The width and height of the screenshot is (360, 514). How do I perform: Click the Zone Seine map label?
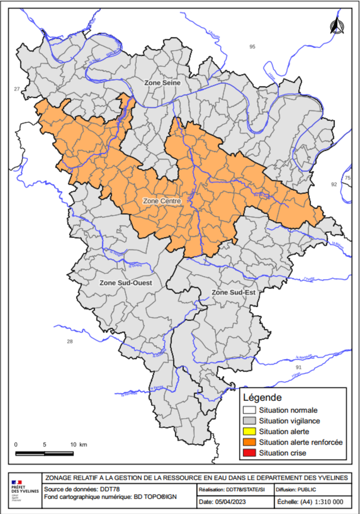tap(162, 83)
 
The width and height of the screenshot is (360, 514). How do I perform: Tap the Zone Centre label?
tap(162, 200)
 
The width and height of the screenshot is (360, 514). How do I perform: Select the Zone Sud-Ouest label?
tap(126, 283)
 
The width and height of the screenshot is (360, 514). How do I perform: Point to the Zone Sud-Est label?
tap(233, 292)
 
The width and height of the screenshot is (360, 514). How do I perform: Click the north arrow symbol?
tap(336, 26)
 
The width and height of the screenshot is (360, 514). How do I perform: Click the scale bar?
tap(44, 453)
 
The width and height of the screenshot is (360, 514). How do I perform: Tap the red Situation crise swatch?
tap(249, 453)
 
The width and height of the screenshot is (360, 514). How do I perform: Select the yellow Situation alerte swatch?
tap(249, 432)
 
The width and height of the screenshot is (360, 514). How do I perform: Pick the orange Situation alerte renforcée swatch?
tap(249, 442)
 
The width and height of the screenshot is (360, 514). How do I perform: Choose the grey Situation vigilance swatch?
tap(249, 421)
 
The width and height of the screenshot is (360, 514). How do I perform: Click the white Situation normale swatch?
tap(249, 410)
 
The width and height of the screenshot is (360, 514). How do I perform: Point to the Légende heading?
tap(263, 398)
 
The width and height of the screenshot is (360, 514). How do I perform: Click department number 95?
tap(252, 46)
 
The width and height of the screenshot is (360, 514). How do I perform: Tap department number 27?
tap(17, 89)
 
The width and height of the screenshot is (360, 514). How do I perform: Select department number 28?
tap(70, 342)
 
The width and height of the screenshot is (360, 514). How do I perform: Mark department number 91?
tap(298, 367)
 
